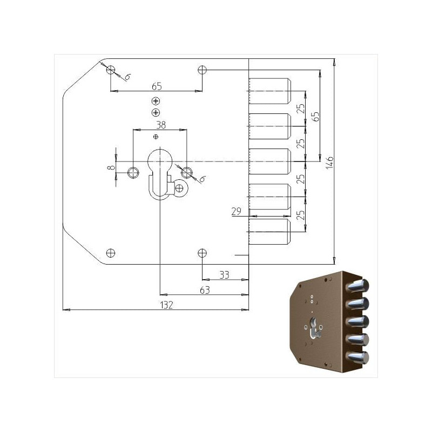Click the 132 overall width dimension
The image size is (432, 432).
(x=167, y=305)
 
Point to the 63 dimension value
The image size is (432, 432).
(x=205, y=291)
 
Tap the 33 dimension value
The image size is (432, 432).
(x=225, y=275)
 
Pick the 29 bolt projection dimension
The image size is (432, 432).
(x=235, y=212)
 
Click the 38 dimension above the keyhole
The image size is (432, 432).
(x=160, y=125)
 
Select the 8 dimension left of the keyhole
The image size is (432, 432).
(x=111, y=168)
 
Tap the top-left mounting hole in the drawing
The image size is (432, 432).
(x=111, y=70)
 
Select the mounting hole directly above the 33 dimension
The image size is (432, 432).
(x=202, y=252)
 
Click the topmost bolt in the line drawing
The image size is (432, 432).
(x=270, y=91)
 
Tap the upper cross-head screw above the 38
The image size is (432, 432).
(x=156, y=101)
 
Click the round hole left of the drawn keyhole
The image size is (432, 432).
(x=133, y=172)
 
